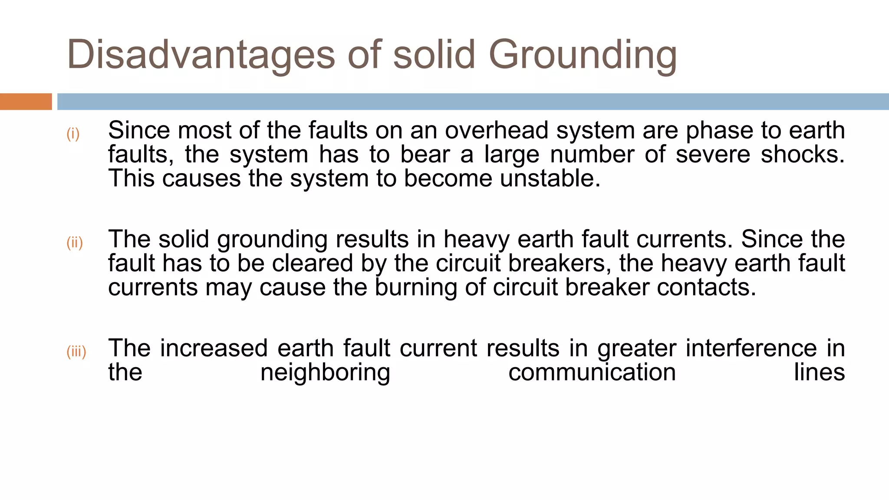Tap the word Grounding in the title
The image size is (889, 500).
(583, 56)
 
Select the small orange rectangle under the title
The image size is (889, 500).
(26, 102)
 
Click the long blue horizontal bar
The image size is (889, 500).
(473, 102)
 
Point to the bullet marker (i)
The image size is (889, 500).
(73, 134)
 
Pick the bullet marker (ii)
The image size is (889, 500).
(74, 243)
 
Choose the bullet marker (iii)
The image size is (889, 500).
(76, 351)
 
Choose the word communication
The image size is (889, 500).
(592, 372)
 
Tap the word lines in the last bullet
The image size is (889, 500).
(819, 372)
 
